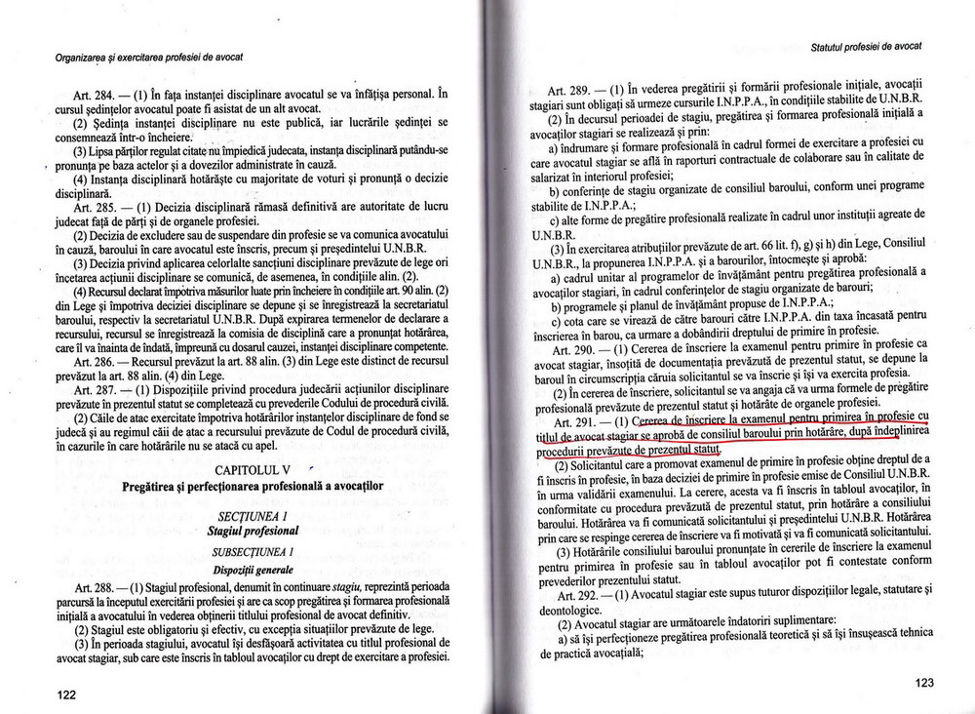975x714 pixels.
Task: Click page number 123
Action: pos(923,684)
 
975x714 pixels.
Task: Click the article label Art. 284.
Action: pos(83,95)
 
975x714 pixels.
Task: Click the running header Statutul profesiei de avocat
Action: pos(866,47)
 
